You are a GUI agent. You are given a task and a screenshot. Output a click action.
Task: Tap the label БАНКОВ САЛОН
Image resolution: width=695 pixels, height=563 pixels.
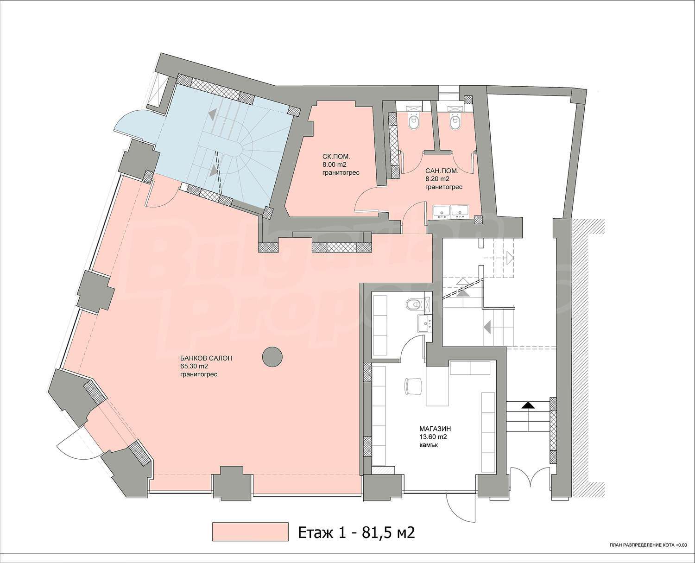coord(206,358)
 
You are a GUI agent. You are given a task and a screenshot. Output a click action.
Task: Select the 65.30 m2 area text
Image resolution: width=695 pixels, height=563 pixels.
coord(194,366)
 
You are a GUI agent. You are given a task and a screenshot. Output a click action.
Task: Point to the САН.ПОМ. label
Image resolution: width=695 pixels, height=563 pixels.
coord(442,171)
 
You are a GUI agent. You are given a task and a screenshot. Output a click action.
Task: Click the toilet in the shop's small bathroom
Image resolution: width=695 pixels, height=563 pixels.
coord(413,305)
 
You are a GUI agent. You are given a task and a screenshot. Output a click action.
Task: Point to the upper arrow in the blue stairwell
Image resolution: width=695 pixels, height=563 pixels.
coord(212,114)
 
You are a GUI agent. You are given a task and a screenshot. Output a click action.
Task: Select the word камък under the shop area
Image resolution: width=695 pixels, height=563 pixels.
coord(429,445)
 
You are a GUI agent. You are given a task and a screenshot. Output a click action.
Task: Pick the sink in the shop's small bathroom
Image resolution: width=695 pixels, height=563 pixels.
coord(424,323)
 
